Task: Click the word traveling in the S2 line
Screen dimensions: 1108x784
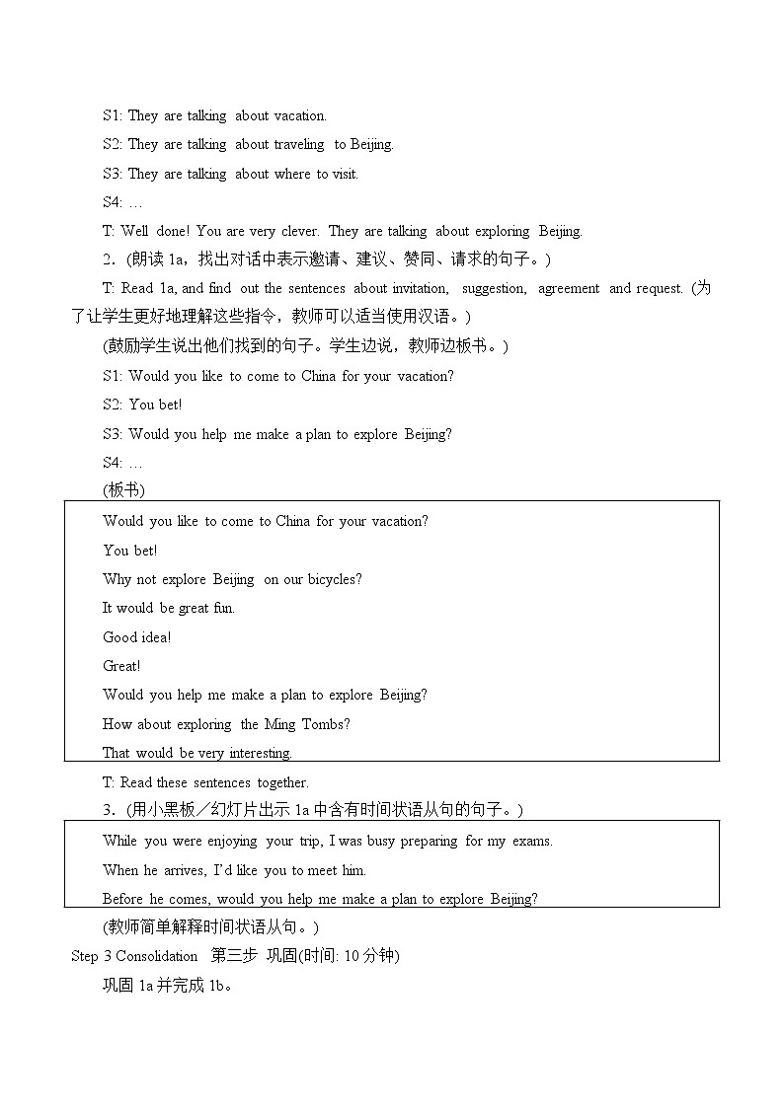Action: click(299, 145)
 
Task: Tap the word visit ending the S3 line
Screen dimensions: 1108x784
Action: click(345, 174)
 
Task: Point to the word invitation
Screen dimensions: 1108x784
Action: click(420, 289)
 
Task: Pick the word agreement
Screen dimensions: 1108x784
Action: click(568, 289)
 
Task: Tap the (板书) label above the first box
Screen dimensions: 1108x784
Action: click(123, 491)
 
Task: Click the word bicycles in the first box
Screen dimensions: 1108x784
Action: click(335, 579)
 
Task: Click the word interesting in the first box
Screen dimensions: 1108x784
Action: click(259, 753)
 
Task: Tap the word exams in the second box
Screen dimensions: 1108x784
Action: click(532, 841)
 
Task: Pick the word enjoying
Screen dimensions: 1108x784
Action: click(232, 841)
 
